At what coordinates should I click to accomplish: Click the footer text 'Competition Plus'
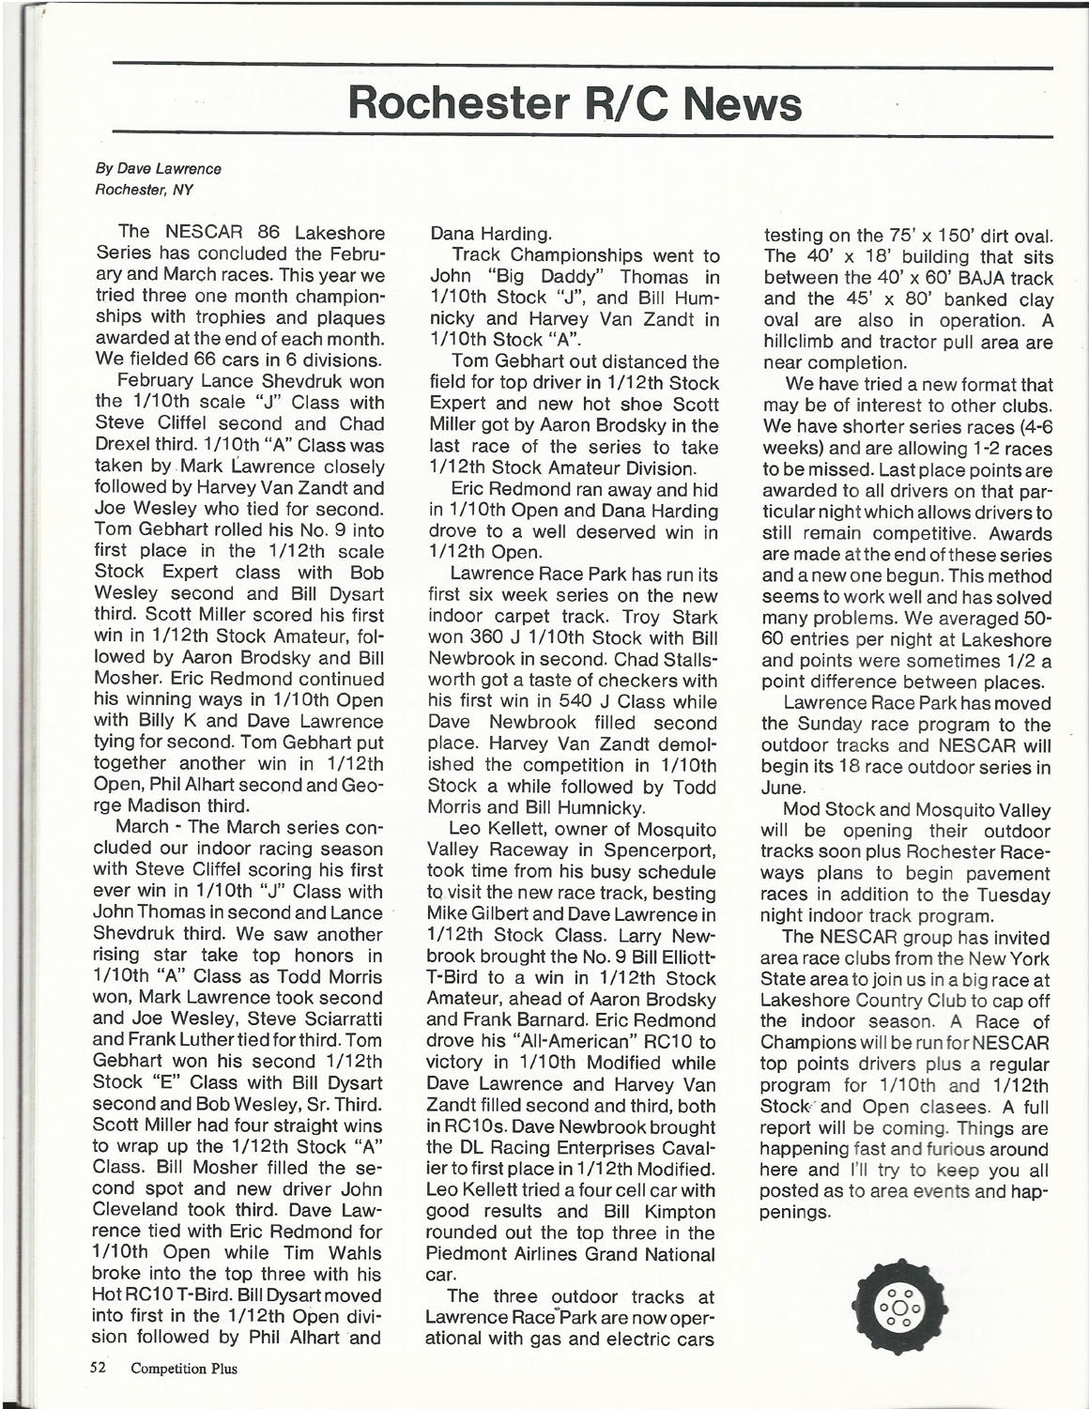(184, 1368)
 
